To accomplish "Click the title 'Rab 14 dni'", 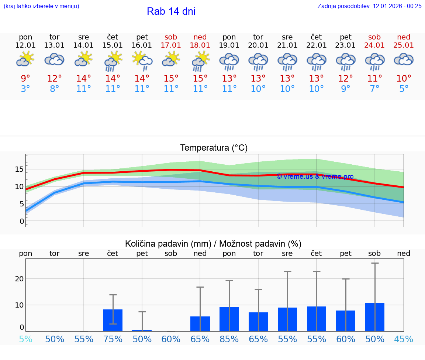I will pos(171,11).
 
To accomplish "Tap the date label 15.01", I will pos(113,45).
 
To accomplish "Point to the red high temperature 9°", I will pos(25,79).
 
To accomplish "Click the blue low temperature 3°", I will pos(25,89).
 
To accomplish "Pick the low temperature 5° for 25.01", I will pos(404,89).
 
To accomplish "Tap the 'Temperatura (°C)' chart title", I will pos(214,148).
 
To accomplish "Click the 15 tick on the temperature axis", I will pos(19,169).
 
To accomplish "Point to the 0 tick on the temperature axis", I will pos(21,221).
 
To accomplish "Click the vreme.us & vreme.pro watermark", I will pos(315,176).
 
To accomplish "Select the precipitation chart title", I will pos(213,244).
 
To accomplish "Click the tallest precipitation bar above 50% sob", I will pos(374,317).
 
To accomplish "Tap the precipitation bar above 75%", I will pos(113,320).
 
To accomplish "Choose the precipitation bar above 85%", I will pos(229,319).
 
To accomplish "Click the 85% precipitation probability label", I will pos(229,339).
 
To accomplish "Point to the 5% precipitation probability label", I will pos(25,339).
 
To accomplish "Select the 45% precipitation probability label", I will pos(404,339).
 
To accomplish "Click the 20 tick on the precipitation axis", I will pos(19,279).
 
